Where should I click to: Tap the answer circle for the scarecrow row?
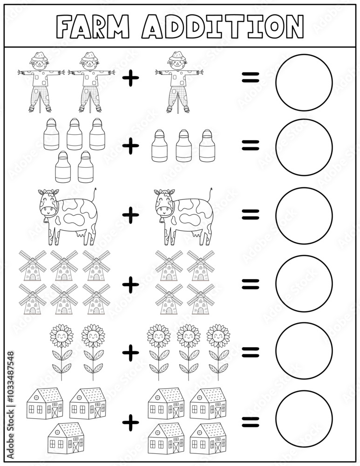tap(304, 82)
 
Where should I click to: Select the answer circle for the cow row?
tap(304, 216)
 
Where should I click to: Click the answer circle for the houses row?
tap(304, 419)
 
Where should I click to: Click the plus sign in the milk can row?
tap(131, 146)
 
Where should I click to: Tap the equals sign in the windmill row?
tap(250, 283)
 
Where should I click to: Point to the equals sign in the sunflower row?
tap(250, 352)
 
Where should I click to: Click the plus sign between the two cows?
tap(131, 215)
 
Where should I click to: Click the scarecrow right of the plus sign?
tap(179, 82)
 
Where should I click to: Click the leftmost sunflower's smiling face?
tap(61, 336)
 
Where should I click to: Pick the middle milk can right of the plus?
tap(183, 145)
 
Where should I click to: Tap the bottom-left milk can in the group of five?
tap(63, 167)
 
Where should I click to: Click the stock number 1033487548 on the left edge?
tap(11, 385)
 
